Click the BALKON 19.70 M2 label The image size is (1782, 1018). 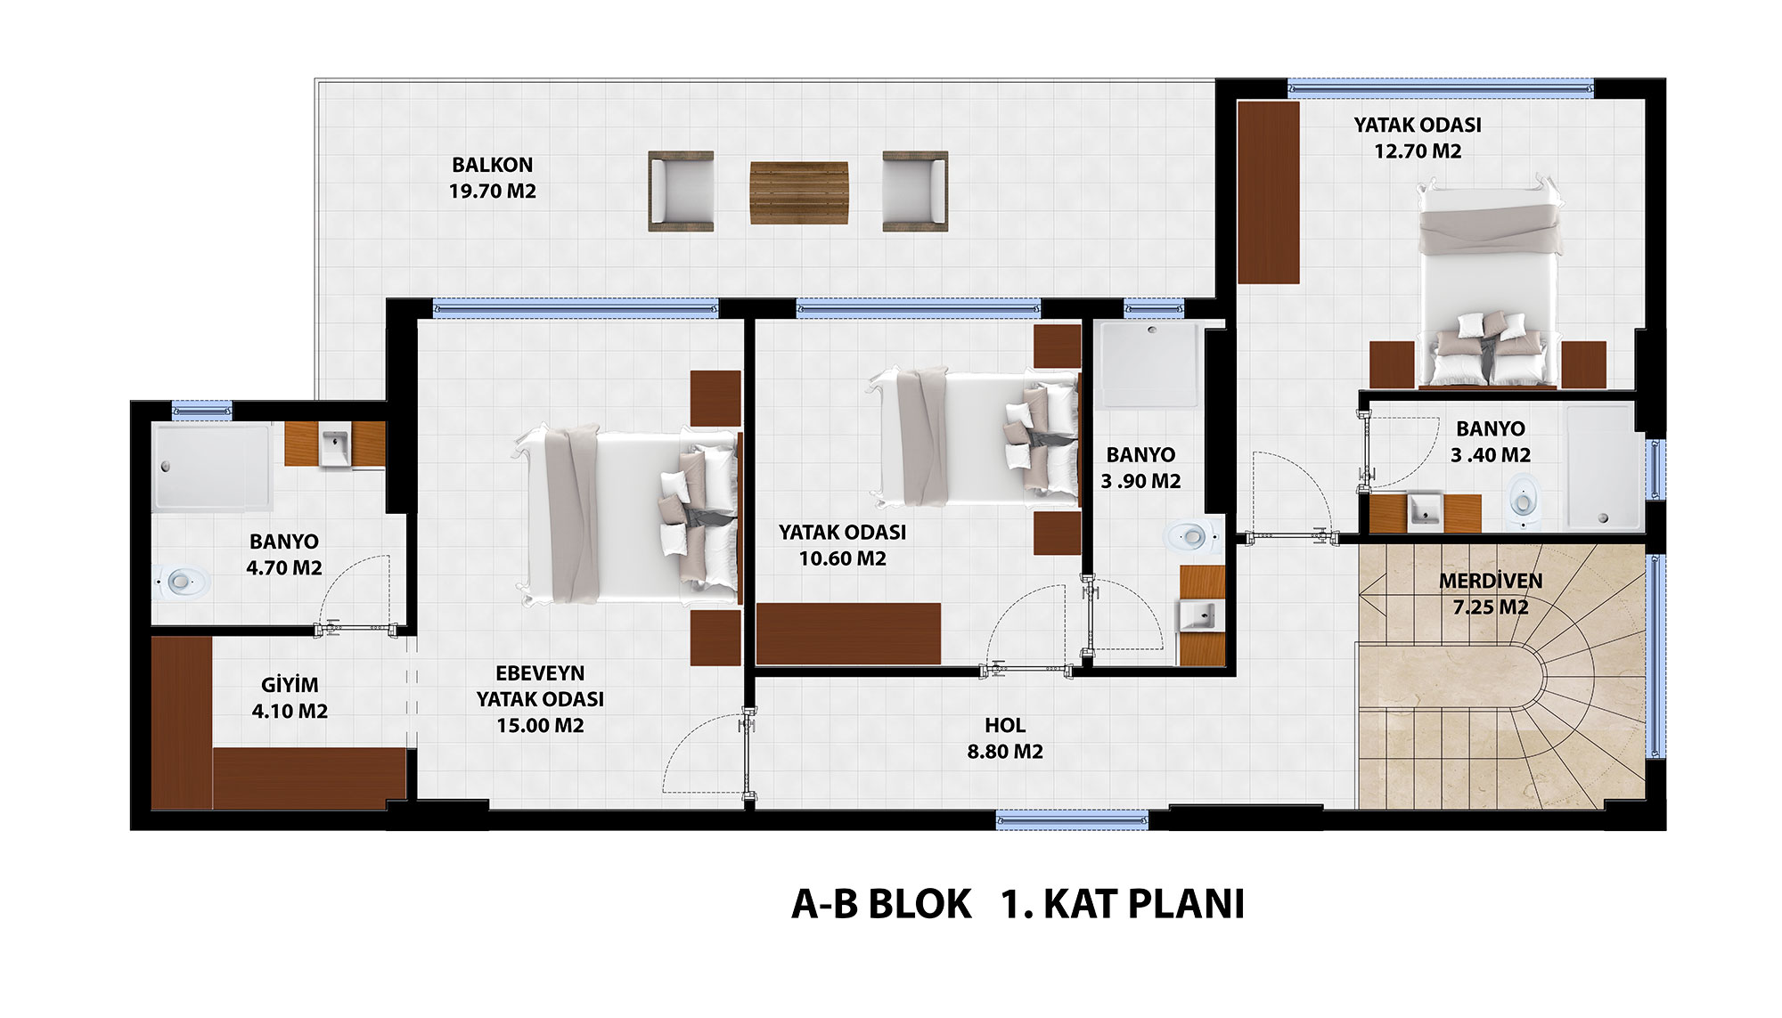click(x=492, y=178)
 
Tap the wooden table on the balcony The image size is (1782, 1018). click(x=798, y=192)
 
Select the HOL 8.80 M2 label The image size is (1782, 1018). click(x=1005, y=738)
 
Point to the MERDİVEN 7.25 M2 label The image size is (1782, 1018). click(x=1491, y=594)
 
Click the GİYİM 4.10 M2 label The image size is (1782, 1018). click(x=290, y=698)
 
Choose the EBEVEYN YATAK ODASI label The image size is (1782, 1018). click(x=540, y=686)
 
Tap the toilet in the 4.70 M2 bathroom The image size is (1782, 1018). click(x=182, y=582)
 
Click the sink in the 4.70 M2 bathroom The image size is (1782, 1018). click(x=335, y=445)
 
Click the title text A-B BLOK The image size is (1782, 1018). click(x=880, y=904)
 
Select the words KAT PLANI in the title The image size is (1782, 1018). click(x=1144, y=904)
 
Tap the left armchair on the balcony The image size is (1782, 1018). click(x=681, y=191)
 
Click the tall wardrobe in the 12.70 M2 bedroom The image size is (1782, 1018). click(x=1269, y=192)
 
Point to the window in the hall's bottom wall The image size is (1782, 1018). click(x=1072, y=820)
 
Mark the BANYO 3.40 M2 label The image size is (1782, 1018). click(x=1491, y=442)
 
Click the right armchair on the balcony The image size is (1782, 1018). click(x=915, y=191)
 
